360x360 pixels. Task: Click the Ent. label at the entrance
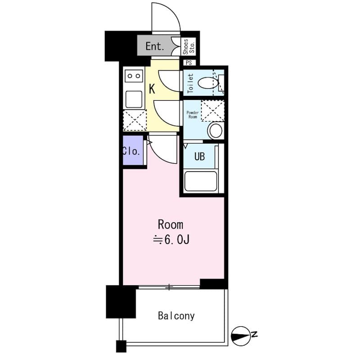[x=156, y=46]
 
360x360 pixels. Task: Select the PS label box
[x=188, y=63]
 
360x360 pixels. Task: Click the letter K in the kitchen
[x=152, y=89]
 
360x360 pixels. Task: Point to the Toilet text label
[x=190, y=83]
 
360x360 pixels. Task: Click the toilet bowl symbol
[x=208, y=83]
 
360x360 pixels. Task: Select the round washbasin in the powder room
[x=216, y=131]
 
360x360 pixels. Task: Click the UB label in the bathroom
[x=199, y=157]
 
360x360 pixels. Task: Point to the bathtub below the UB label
[x=201, y=181]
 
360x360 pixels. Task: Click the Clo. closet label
[x=131, y=151]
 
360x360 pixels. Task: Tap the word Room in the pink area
[x=170, y=225]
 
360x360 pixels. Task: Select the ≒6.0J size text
[x=171, y=240]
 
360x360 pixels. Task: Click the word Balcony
[x=176, y=315]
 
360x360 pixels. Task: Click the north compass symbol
[x=242, y=335]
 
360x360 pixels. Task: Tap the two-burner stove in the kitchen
[x=134, y=76]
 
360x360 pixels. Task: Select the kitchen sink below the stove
[x=134, y=99]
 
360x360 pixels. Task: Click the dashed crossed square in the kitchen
[x=135, y=120]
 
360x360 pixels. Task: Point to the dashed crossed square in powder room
[x=212, y=110]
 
